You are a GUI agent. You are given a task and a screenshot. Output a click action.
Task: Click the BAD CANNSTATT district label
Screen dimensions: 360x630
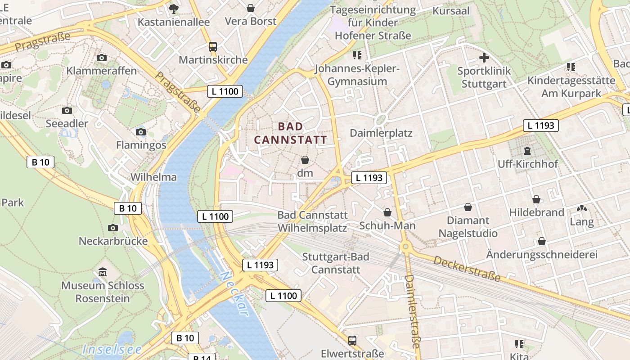291,133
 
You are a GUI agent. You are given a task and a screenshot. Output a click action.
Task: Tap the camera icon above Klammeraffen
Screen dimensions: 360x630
102,58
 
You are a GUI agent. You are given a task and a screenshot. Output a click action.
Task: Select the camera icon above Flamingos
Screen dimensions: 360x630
141,132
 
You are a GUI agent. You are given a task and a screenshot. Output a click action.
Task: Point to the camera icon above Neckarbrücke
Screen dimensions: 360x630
113,228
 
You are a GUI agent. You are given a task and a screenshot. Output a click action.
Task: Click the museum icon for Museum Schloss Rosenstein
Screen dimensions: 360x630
103,272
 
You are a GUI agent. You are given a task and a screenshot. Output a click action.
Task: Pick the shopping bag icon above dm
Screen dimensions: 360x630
305,160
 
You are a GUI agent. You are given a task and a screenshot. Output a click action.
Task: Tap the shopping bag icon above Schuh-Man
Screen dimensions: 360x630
387,212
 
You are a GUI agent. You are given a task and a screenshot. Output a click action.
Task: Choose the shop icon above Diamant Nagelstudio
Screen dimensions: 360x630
468,207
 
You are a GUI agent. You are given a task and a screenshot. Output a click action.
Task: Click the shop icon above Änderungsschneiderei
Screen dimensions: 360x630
542,241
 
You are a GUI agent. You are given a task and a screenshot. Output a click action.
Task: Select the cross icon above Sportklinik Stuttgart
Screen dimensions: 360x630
484,58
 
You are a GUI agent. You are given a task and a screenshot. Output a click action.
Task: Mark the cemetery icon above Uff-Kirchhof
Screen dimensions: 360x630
527,151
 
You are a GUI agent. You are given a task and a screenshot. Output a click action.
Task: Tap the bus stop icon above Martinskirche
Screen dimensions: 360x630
212,47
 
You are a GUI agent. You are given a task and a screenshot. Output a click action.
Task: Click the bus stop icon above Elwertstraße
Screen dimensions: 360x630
352,340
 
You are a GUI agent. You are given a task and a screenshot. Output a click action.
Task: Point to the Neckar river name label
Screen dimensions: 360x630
234,293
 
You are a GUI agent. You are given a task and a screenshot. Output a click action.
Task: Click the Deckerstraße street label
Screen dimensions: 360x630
467,269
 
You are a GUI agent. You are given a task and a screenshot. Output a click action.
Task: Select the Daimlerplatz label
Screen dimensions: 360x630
381,133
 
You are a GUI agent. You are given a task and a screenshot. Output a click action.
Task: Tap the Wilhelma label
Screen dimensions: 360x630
153,177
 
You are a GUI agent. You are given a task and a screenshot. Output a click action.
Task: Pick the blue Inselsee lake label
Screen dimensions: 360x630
112,349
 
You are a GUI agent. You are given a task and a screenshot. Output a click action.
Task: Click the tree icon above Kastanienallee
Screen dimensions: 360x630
173,9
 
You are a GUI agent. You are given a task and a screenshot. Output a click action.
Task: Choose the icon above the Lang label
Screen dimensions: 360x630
581,209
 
